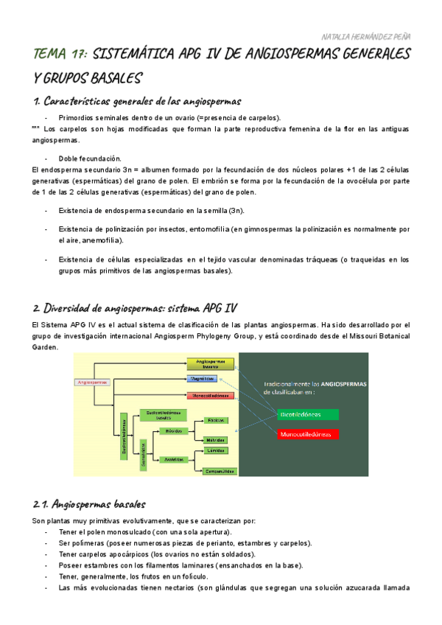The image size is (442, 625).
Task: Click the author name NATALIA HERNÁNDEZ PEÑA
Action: [366, 35]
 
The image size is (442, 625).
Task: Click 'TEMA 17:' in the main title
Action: [61, 55]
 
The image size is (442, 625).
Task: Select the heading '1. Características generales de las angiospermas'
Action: [137, 100]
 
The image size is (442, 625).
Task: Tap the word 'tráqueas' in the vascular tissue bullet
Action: [327, 260]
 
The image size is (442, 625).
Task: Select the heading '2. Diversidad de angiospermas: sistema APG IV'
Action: [136, 307]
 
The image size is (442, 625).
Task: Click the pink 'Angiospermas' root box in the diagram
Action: [92, 382]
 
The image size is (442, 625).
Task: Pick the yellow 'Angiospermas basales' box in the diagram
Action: [210, 363]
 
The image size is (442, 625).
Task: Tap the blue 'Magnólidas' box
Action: [201, 379]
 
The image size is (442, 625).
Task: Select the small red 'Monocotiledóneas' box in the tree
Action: [210, 396]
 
